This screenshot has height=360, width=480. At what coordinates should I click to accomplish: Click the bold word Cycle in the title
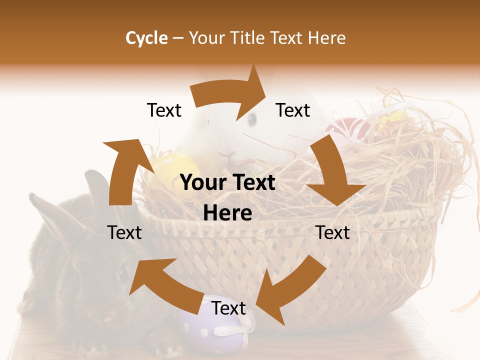[x=146, y=38]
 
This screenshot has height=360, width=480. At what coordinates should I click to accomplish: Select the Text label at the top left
[x=164, y=110]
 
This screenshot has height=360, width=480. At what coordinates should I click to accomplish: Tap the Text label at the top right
[x=293, y=110]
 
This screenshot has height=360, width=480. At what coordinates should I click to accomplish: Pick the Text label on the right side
[x=332, y=232]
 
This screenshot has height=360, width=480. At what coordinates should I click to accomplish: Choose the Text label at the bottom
[x=228, y=308]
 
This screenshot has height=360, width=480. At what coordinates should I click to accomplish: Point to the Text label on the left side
[x=124, y=232]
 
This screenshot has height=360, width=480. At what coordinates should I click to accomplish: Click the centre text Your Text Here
[x=228, y=198]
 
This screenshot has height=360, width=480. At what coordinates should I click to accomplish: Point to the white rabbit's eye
[x=252, y=119]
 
